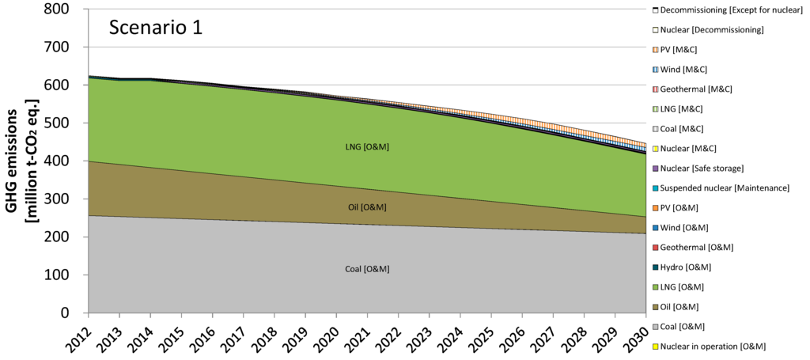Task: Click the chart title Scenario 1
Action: pos(155,28)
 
